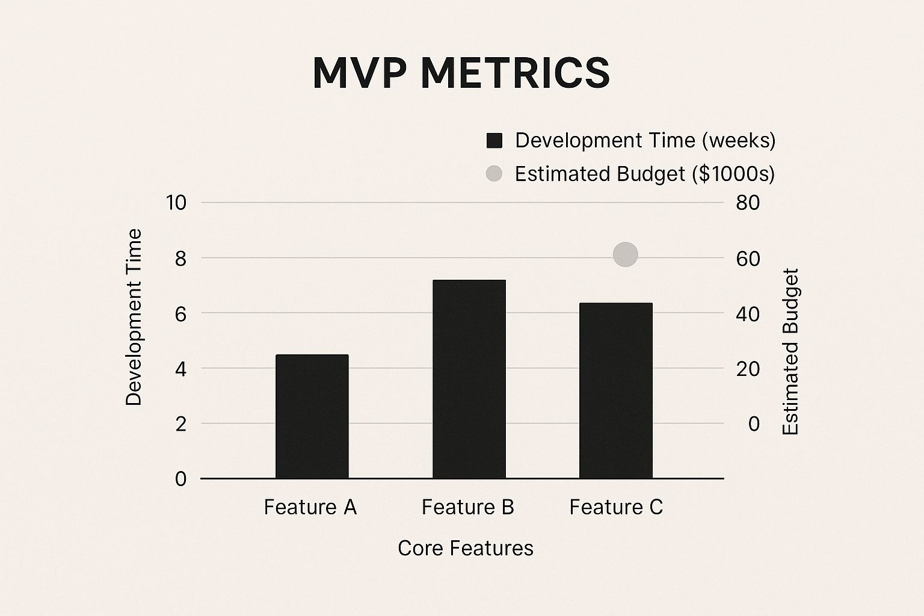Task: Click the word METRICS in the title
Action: (x=515, y=73)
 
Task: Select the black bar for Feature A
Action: (x=312, y=416)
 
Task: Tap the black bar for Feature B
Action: (x=469, y=379)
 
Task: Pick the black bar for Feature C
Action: (x=616, y=390)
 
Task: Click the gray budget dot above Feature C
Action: (x=626, y=254)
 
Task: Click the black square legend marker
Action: (x=494, y=141)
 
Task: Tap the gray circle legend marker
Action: (x=494, y=174)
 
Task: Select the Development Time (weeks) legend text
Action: (x=645, y=141)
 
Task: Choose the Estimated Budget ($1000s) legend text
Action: (x=645, y=174)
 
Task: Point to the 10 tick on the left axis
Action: (x=176, y=203)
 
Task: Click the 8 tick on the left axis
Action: (x=180, y=258)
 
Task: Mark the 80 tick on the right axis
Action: (x=748, y=203)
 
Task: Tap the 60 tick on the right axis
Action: (x=748, y=258)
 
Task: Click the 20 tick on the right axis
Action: (x=748, y=369)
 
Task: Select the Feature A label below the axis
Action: (x=310, y=507)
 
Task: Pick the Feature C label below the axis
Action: (x=616, y=507)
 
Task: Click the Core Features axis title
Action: (x=466, y=548)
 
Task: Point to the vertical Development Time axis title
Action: (x=134, y=317)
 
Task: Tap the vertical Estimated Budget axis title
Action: (x=790, y=351)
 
